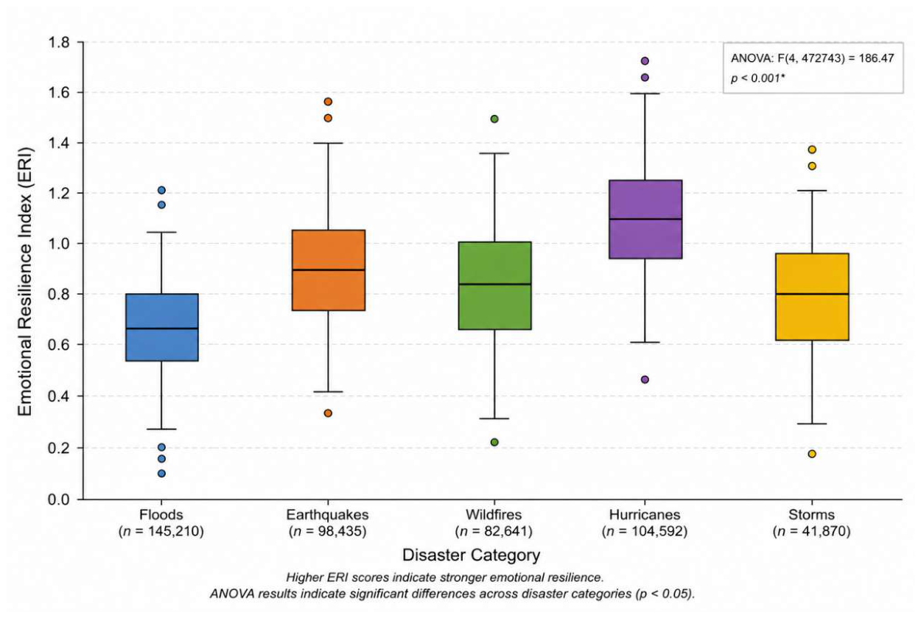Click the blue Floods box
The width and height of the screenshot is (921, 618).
[162, 327]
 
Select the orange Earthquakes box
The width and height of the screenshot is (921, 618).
[329, 270]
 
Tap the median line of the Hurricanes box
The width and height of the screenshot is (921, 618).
[645, 219]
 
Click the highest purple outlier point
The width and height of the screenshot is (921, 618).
[645, 61]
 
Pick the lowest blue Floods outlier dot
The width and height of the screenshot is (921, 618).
[161, 474]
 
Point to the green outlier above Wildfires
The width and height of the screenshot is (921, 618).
[494, 119]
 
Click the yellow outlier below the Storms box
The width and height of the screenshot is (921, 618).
[812, 454]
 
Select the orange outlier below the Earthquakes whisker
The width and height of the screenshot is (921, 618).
[328, 413]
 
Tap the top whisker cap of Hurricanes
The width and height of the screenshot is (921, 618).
[645, 94]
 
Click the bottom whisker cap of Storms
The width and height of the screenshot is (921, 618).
[812, 424]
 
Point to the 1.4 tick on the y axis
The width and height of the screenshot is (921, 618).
[80, 143]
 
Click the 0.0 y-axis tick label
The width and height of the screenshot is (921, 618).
[59, 499]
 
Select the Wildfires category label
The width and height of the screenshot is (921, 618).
[494, 515]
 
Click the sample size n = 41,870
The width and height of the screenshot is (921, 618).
[812, 532]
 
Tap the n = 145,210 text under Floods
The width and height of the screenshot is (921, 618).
[161, 532]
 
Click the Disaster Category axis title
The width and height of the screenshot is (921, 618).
[472, 555]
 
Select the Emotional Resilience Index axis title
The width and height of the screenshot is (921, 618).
[24, 281]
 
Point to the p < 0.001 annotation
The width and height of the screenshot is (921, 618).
[757, 78]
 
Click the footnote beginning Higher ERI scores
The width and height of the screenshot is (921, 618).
[445, 577]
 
